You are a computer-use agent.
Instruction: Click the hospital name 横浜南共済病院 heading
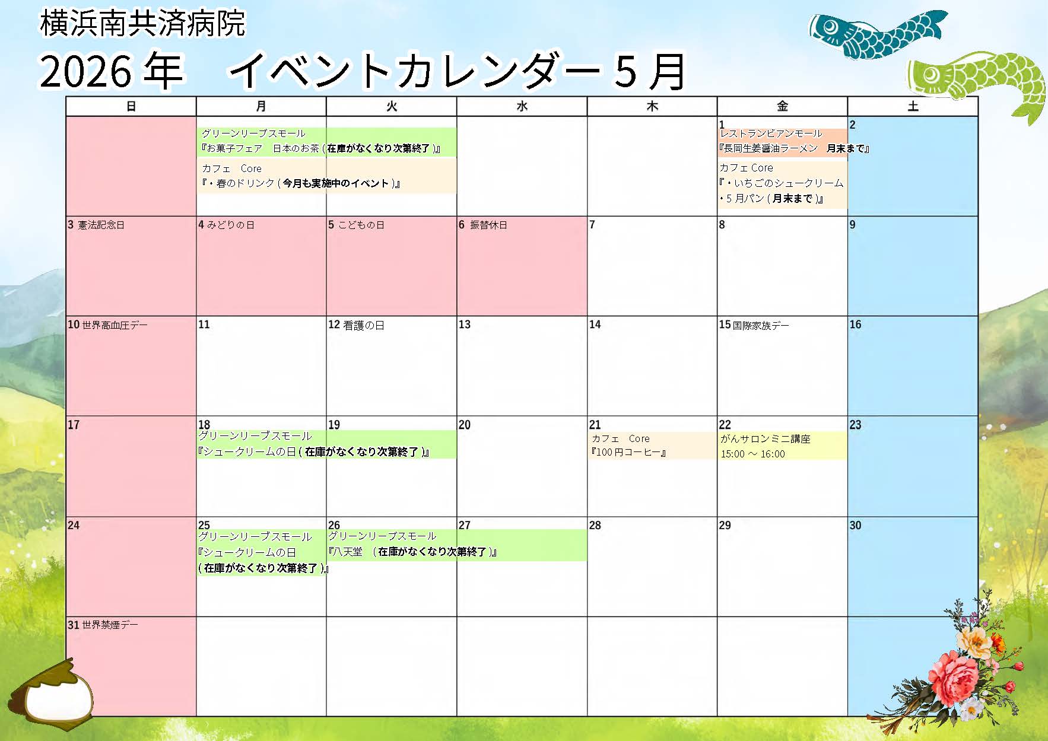[142, 23]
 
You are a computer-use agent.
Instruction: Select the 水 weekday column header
[522, 106]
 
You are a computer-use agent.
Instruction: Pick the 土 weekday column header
[913, 106]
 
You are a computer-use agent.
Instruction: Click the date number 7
[592, 224]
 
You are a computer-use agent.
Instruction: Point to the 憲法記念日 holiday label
[101, 225]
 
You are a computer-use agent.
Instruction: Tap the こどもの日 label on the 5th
[361, 225]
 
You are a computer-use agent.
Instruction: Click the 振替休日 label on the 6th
[488, 225]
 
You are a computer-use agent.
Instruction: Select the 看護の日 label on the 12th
[363, 325]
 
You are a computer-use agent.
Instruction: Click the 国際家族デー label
[761, 325]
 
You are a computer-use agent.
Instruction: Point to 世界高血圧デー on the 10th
[115, 325]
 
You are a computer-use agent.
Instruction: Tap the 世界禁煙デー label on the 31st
[110, 625]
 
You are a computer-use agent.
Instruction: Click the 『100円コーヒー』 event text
[628, 453]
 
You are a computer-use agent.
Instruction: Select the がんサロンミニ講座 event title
[765, 439]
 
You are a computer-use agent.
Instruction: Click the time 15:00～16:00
[752, 454]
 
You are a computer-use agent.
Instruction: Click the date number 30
[855, 525]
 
